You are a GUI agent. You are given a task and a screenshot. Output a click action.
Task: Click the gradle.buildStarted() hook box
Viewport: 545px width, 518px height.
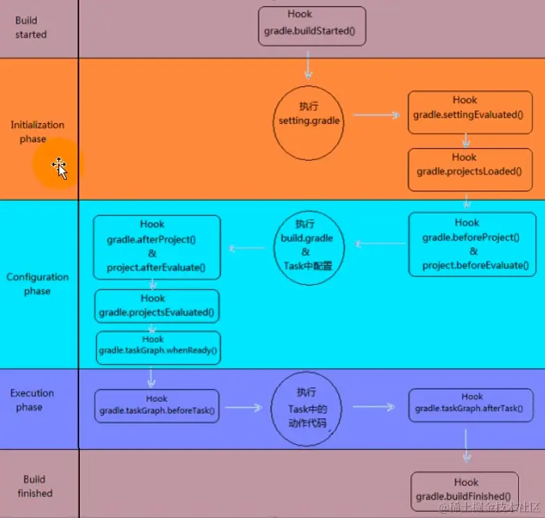[x=311, y=26]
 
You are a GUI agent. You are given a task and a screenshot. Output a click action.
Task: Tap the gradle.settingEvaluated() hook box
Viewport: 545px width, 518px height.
[x=466, y=112]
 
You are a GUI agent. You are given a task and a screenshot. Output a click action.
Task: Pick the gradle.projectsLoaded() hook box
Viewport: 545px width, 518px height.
[x=466, y=169]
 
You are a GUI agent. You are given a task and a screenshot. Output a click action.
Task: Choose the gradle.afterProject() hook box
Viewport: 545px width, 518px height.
[x=156, y=247]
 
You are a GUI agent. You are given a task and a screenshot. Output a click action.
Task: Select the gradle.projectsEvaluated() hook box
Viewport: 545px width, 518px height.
[x=157, y=306]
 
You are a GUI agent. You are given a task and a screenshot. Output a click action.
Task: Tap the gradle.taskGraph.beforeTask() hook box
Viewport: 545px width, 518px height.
[x=157, y=406]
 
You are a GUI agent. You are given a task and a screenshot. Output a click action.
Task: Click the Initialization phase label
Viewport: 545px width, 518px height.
[x=38, y=132]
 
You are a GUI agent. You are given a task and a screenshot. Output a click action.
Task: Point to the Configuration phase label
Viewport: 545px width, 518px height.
[x=38, y=284]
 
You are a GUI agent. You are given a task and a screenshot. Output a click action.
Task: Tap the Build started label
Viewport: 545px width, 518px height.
[x=31, y=28]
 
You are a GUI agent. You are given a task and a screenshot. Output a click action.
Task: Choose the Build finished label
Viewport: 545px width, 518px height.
[x=34, y=486]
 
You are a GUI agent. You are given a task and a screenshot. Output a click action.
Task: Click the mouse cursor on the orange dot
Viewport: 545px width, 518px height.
[x=59, y=167]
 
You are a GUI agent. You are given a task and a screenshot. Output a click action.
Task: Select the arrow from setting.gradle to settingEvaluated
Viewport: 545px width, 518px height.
[x=375, y=115]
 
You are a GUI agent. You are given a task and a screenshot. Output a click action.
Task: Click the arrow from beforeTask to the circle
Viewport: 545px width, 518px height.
[x=243, y=407]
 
